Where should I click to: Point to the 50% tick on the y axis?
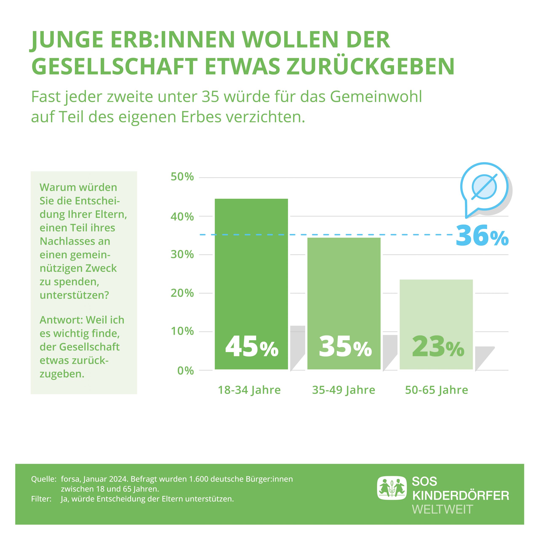tap(182, 177)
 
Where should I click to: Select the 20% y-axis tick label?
tap(182, 293)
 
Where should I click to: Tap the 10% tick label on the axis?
tap(182, 331)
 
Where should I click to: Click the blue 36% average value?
tap(482, 236)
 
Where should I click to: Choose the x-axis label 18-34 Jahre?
tap(249, 390)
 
